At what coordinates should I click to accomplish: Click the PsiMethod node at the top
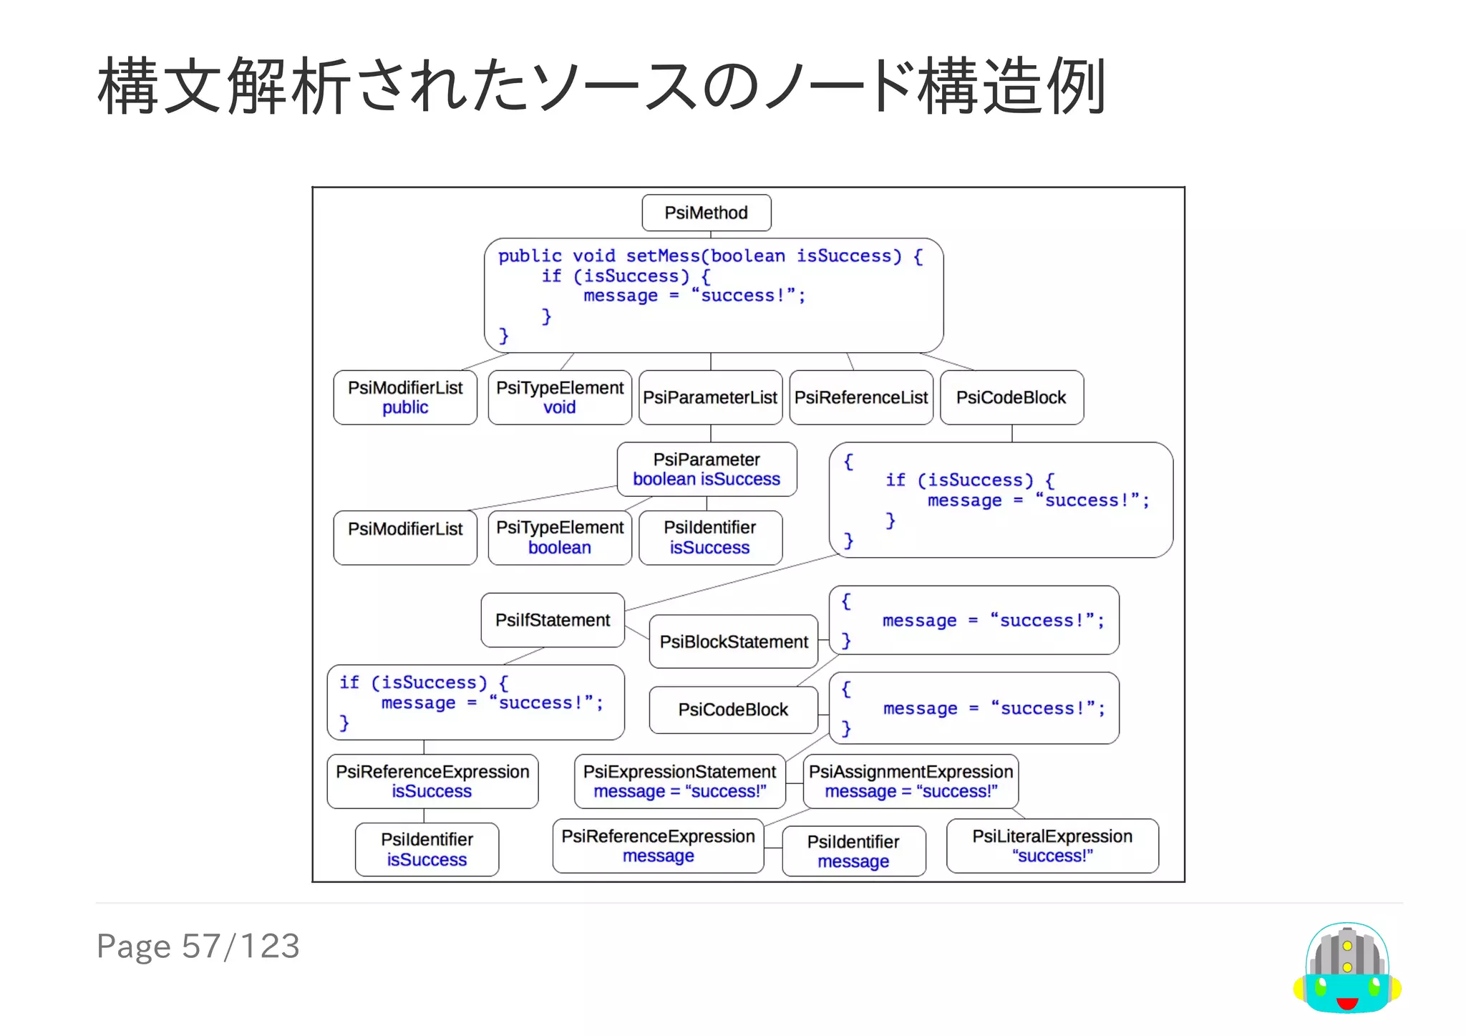pyautogui.click(x=706, y=213)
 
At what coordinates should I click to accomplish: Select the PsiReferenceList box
pyautogui.click(x=860, y=397)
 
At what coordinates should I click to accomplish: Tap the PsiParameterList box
pyautogui.click(x=709, y=397)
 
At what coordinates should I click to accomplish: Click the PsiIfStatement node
pyautogui.click(x=553, y=620)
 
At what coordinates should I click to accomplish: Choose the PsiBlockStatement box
pyautogui.click(x=733, y=642)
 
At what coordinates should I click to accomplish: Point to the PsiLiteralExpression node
pyautogui.click(x=1052, y=846)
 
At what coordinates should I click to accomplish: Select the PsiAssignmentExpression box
pyautogui.click(x=911, y=781)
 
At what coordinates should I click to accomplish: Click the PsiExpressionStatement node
pyautogui.click(x=679, y=781)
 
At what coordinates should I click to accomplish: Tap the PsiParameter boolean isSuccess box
pyautogui.click(x=707, y=469)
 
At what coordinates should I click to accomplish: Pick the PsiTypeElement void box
pyautogui.click(x=560, y=397)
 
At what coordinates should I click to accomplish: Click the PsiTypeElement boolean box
pyautogui.click(x=560, y=538)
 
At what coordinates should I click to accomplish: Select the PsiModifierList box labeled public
pyautogui.click(x=405, y=397)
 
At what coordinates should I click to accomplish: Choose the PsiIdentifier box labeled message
pyautogui.click(x=853, y=851)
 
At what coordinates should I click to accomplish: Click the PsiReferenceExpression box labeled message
pyautogui.click(x=658, y=846)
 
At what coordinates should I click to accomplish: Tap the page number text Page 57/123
pyautogui.click(x=198, y=947)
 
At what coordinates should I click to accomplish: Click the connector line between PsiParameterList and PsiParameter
pyautogui.click(x=711, y=433)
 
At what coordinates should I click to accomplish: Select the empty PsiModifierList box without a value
pyautogui.click(x=405, y=538)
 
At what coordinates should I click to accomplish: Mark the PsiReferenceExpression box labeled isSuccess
pyautogui.click(x=432, y=781)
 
